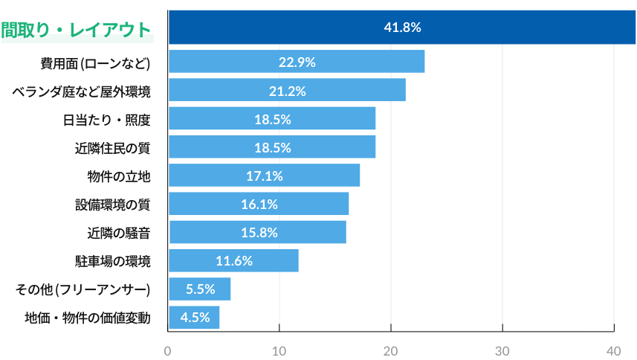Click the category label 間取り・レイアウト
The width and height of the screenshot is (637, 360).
77,30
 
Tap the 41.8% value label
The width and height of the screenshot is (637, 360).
402,28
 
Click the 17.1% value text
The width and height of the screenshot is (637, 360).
264,176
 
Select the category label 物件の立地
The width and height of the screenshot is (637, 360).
119,176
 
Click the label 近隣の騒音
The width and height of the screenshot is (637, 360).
119,233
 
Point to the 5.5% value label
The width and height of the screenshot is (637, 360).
200,289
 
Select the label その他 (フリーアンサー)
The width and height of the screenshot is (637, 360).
83,289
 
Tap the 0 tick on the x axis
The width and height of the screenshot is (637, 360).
168,350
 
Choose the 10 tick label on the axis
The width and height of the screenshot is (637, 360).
279,350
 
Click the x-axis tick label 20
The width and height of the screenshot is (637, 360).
391,350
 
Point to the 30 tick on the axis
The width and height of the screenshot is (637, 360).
502,350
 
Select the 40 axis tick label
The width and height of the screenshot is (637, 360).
614,350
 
